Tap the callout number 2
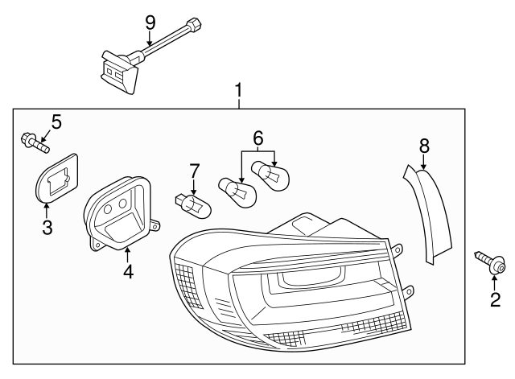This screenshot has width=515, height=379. (496, 300)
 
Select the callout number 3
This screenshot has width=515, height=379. (47, 228)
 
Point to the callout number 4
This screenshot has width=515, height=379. (128, 271)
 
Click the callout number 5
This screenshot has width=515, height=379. (56, 122)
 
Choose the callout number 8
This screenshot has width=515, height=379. (424, 146)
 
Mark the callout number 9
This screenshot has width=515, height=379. (150, 22)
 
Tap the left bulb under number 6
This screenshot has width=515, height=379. (237, 190)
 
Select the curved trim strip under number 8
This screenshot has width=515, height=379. (430, 213)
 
